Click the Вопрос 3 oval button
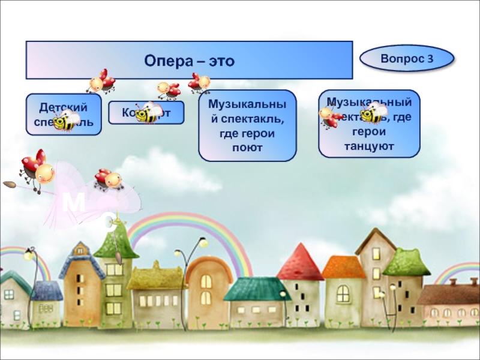click(x=406, y=59)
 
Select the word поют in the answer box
click(x=247, y=147)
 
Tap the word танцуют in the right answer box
click(x=369, y=146)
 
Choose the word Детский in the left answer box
click(x=63, y=107)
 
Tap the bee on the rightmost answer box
click(x=374, y=112)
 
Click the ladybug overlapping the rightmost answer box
click(x=329, y=116)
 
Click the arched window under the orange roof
click(x=343, y=293)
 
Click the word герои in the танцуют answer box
click(x=369, y=134)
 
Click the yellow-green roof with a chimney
click(x=156, y=277)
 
